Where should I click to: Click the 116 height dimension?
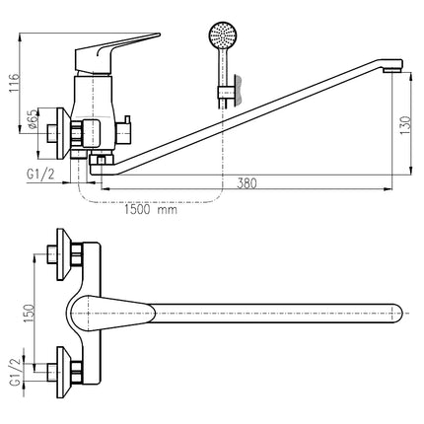pyautogui.click(x=15, y=83)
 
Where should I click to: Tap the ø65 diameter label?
pyautogui.click(x=32, y=120)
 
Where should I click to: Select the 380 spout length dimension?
pyautogui.click(x=247, y=182)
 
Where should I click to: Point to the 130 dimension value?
pyautogui.click(x=405, y=125)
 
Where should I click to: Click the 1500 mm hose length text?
pyautogui.click(x=151, y=209)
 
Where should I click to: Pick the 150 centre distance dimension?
pyautogui.click(x=29, y=314)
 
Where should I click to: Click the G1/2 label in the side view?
pyautogui.click(x=40, y=175)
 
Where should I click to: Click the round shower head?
pyautogui.click(x=223, y=35)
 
